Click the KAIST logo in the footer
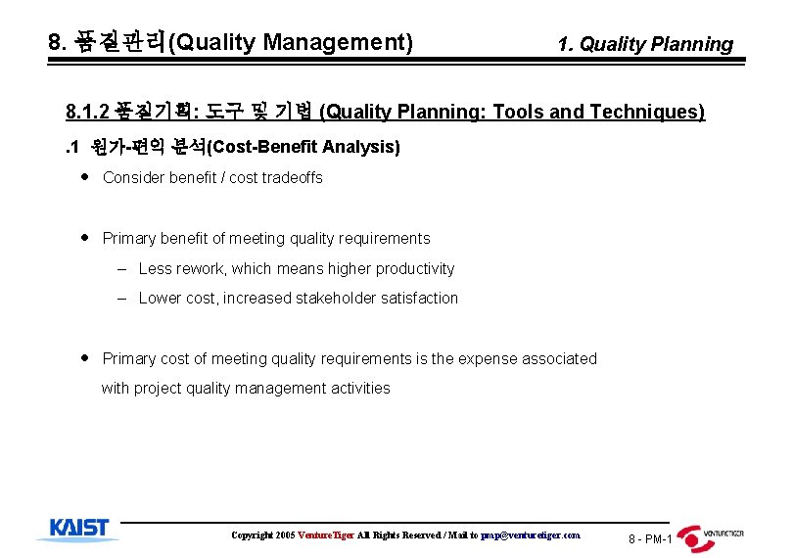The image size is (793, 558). click(x=78, y=529)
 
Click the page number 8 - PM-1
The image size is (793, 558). click(x=650, y=539)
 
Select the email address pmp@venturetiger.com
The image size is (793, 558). click(x=531, y=535)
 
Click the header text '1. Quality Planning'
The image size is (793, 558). click(x=644, y=44)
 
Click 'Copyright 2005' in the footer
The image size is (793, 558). click(x=262, y=535)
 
